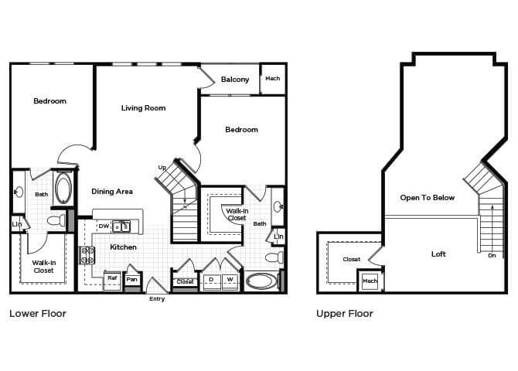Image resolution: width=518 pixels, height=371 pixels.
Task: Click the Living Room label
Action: tap(143, 108)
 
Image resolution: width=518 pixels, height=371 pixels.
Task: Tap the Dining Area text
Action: tap(112, 192)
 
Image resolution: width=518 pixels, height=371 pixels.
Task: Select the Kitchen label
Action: tap(123, 247)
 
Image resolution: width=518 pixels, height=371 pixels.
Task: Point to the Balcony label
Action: tap(235, 80)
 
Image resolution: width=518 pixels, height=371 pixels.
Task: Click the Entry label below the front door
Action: tap(157, 299)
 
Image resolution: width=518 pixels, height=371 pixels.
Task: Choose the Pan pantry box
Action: tap(133, 279)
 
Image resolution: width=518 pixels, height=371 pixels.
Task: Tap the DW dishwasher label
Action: tap(104, 226)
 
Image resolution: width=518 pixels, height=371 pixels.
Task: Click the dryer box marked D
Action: tap(210, 280)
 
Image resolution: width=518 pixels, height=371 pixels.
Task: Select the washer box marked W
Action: tap(230, 280)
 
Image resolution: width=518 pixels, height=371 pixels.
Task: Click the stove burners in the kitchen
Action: tap(85, 254)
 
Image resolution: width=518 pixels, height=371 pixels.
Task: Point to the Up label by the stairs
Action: tap(162, 168)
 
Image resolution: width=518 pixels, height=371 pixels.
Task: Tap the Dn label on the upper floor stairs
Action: tap(492, 255)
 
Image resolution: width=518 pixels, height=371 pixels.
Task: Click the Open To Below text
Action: tap(428, 198)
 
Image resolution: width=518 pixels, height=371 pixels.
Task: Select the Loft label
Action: tap(438, 254)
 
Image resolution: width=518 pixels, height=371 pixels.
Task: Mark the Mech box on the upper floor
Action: tap(370, 281)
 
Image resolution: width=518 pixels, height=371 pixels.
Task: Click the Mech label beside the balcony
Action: tap(272, 79)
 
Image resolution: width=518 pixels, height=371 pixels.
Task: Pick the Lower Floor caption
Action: tap(37, 314)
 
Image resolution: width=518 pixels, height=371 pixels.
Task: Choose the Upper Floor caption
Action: tap(345, 314)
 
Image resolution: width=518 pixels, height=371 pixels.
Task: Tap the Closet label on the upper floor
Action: tap(351, 260)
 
